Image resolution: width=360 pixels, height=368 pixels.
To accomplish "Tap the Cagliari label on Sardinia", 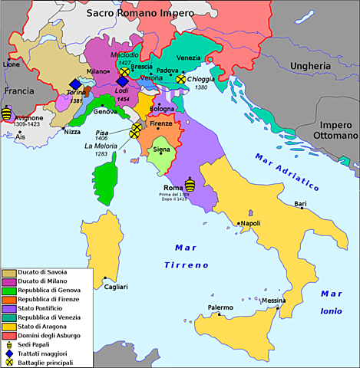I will coord(116,286).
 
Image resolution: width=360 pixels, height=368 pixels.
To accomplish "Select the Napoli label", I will coord(249,223).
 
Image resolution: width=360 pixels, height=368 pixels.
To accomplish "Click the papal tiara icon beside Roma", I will coord(190,183).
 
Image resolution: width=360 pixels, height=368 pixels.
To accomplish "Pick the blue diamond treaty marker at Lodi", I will coord(122,80).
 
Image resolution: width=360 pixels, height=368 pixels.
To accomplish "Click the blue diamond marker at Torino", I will coord(74,84).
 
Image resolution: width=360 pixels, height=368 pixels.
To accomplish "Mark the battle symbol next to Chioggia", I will coord(181,78).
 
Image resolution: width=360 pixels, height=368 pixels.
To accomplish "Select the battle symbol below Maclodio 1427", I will coord(124,71).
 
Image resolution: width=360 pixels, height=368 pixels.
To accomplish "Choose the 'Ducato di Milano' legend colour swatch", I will coord(10,283).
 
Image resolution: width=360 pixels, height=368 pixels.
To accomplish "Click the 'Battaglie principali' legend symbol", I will coord(10,361).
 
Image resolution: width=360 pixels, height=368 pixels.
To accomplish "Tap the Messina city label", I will coord(273,301).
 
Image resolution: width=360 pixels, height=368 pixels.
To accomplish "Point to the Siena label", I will coord(161,149).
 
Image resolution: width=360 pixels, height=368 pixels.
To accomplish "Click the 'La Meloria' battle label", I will coord(101,146).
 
